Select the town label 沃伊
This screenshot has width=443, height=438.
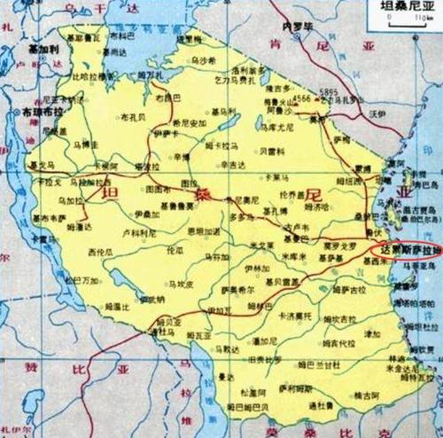378,114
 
